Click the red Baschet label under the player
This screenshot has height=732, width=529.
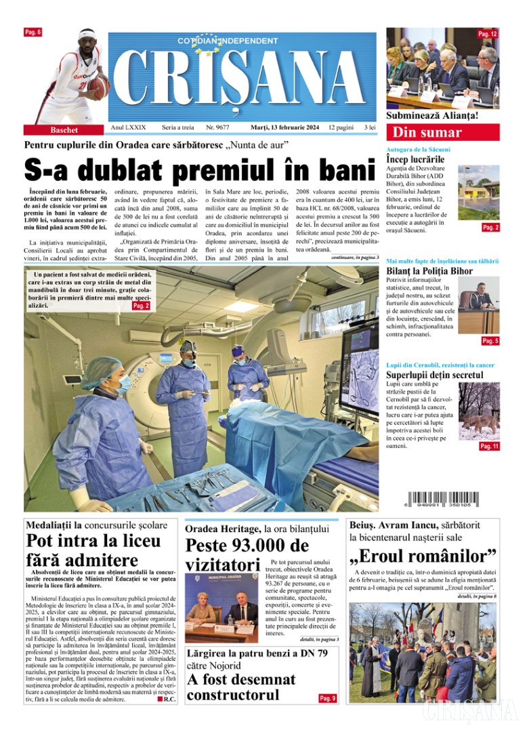tap(64, 129)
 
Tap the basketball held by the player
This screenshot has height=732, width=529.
tap(98, 86)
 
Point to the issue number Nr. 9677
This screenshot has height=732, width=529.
tap(217, 127)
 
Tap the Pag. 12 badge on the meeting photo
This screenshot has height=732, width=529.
tap(487, 34)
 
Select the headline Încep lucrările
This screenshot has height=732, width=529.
tap(415, 159)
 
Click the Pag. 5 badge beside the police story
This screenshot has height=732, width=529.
tap(490, 341)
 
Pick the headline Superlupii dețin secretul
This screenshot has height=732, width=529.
tap(434, 375)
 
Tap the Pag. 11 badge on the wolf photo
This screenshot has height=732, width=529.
tap(489, 447)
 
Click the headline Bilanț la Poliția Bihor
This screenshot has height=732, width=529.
tap(429, 271)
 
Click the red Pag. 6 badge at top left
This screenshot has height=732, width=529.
tap(33, 33)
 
